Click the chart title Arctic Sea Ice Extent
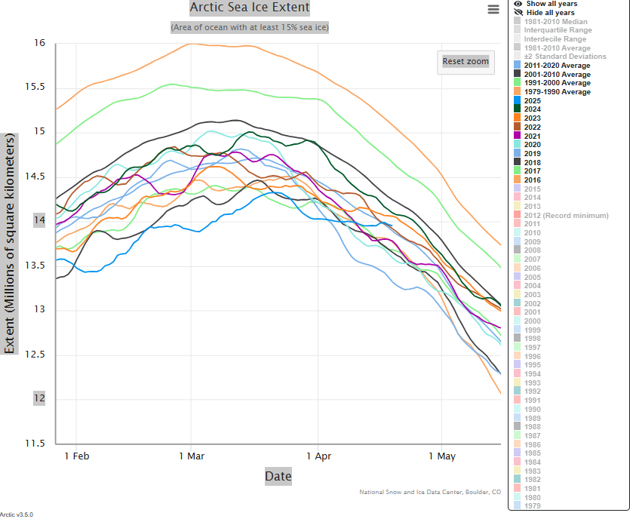tap(249, 8)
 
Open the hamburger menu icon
tap(493, 9)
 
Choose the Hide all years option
tap(550, 13)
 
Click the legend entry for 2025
tap(533, 100)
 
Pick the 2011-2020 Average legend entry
tap(557, 66)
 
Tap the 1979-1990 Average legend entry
tap(557, 92)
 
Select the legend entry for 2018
tap(533, 161)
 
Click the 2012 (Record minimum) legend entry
tap(566, 216)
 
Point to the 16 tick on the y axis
tap(39, 43)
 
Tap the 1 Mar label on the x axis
tap(192, 456)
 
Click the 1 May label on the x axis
tap(442, 456)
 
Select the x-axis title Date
tap(278, 476)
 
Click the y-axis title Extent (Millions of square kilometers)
tap(9, 244)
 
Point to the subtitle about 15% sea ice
tap(249, 28)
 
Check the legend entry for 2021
tap(533, 136)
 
